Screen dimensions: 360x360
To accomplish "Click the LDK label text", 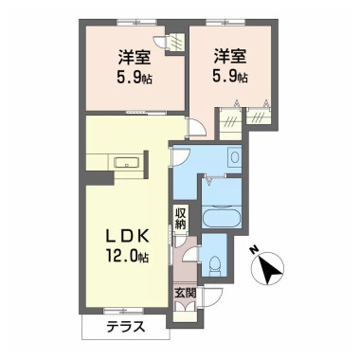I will coord(123,236).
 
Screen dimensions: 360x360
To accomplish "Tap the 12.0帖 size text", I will coord(123,255).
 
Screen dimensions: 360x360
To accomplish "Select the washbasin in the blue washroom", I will coord(233,156).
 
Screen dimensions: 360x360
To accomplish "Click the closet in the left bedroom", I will coord(173,43).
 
